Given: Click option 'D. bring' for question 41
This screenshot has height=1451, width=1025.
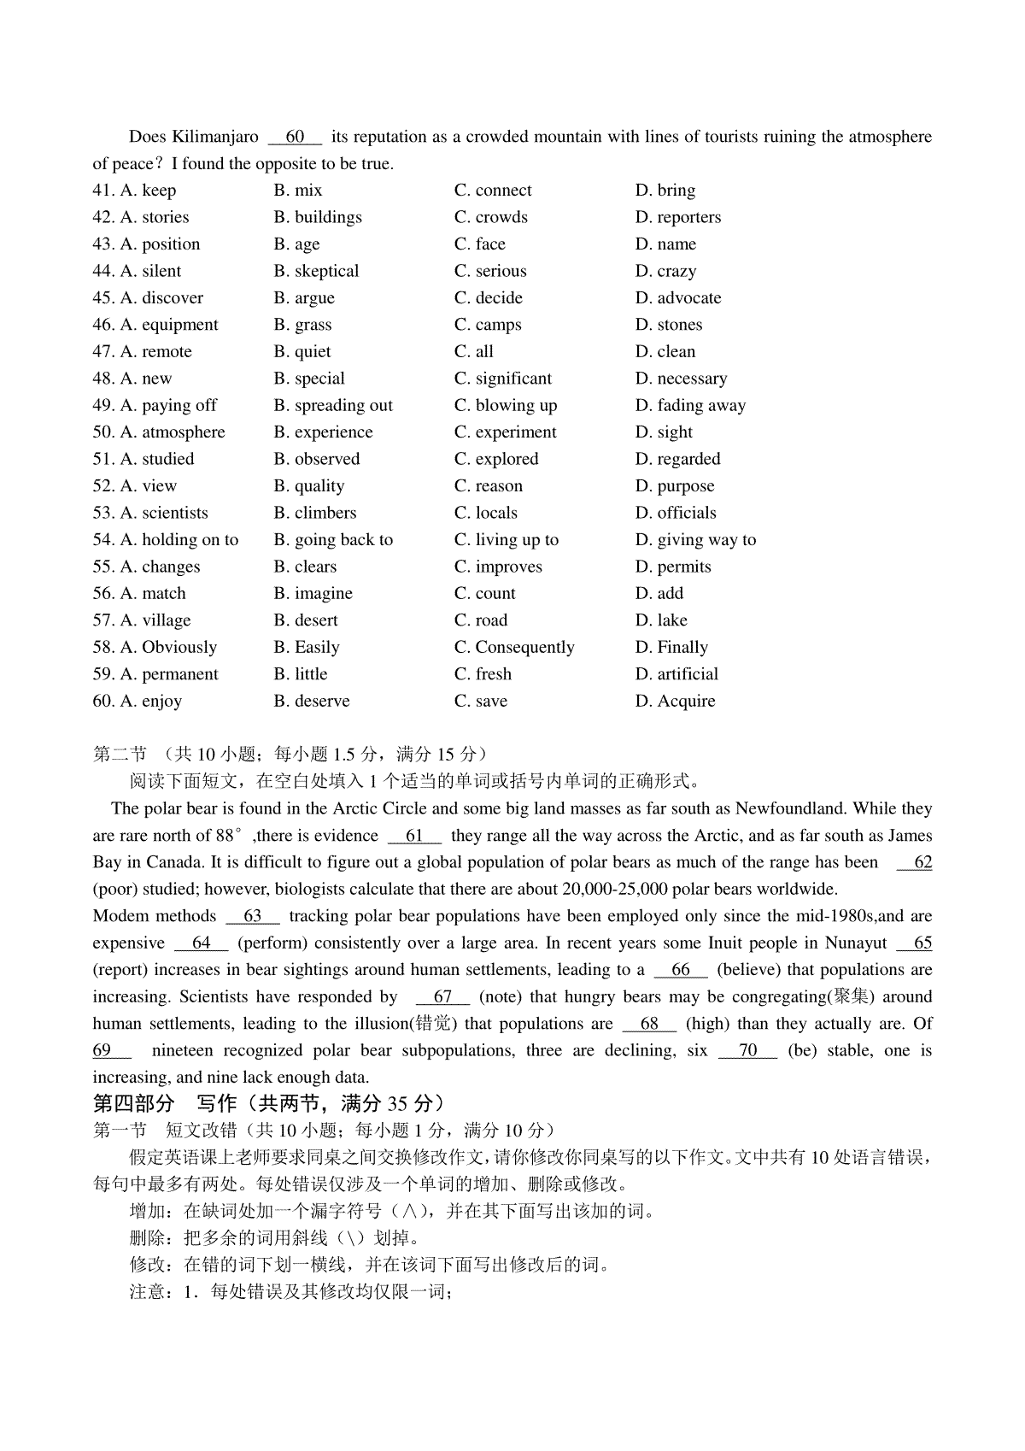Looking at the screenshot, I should tap(665, 191).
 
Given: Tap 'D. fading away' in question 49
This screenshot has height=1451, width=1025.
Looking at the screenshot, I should tap(690, 405).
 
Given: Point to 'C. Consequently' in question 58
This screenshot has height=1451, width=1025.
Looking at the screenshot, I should tap(514, 647).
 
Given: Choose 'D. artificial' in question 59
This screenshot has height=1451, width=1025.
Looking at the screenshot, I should tap(676, 674).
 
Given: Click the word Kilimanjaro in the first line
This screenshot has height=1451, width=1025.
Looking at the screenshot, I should tap(214, 137).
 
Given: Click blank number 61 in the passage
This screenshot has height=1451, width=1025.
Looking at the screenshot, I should tap(414, 836).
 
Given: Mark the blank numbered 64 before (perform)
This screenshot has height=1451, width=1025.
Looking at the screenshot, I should tap(201, 943).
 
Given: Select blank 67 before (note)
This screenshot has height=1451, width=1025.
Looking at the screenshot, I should tap(442, 997).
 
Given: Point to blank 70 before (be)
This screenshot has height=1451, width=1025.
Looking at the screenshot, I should tap(747, 1051).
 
